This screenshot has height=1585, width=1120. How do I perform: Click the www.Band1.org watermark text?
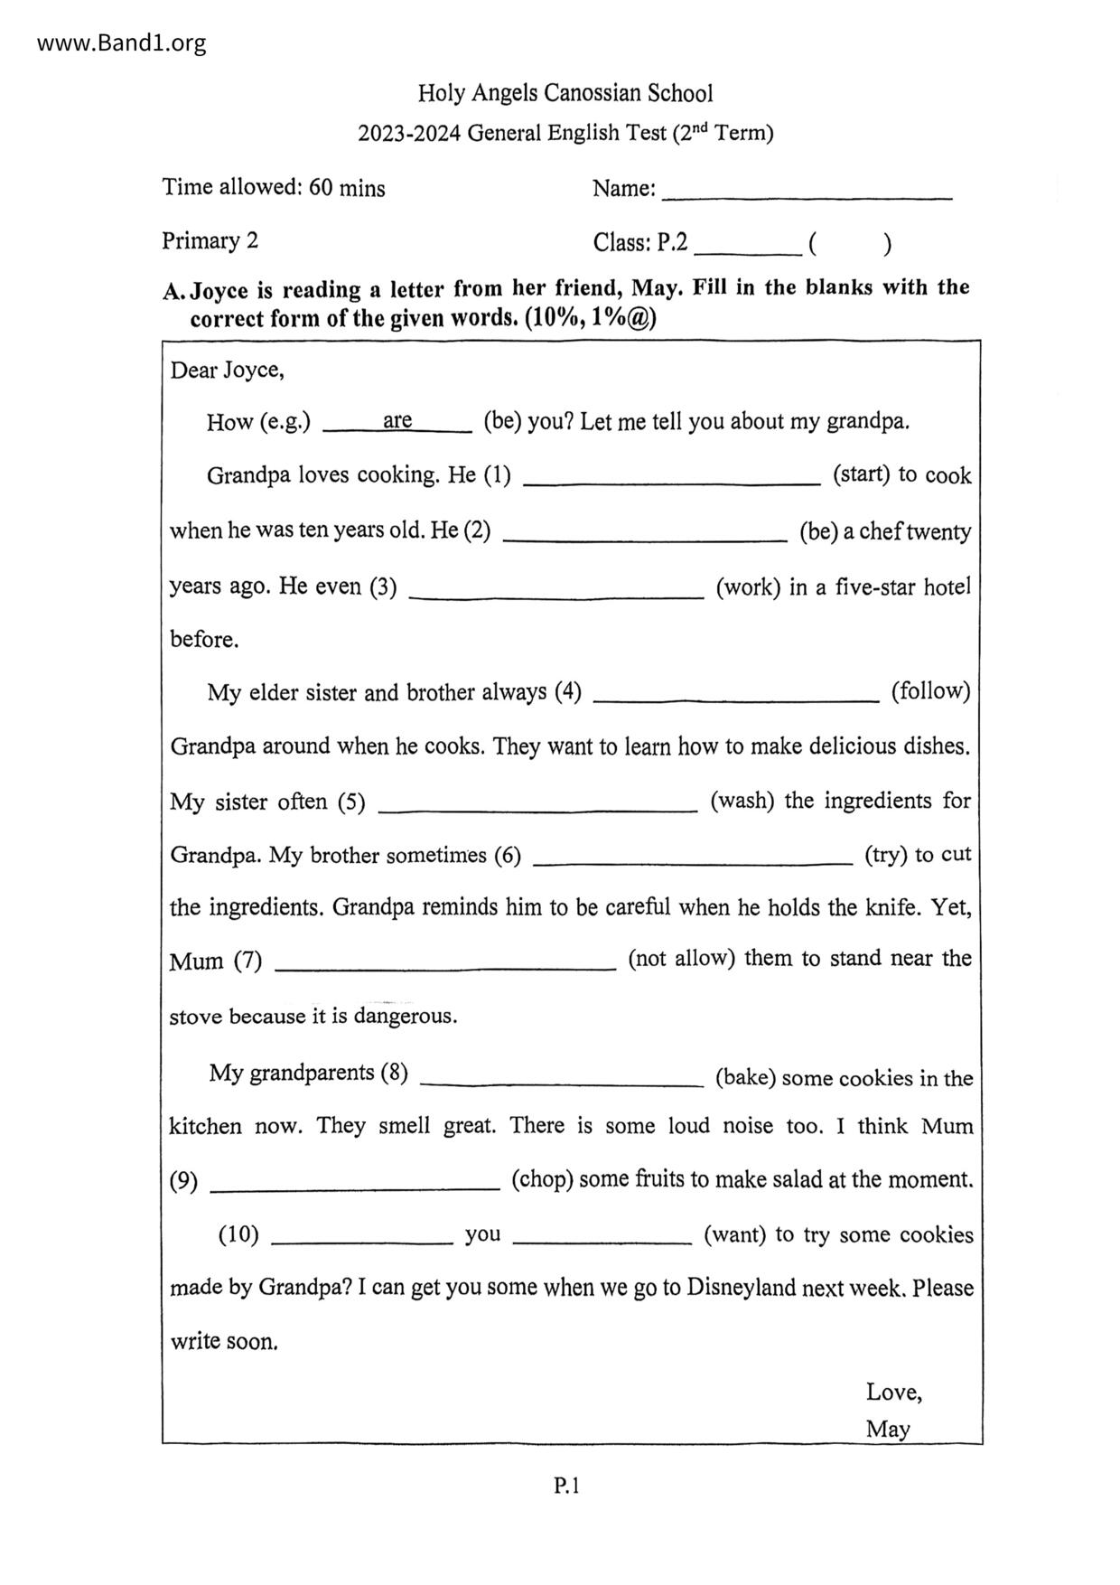[122, 42]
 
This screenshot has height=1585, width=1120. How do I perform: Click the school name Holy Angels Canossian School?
[565, 93]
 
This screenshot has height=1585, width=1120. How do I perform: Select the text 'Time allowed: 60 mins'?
[274, 188]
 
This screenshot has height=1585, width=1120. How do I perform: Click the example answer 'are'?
[397, 420]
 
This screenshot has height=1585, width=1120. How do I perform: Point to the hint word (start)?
[862, 474]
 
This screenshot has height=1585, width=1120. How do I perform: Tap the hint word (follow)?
[930, 691]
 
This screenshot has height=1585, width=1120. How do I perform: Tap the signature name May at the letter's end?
[888, 1429]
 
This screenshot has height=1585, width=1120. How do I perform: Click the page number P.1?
[566, 1485]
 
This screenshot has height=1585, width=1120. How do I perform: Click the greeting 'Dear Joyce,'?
[227, 370]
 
